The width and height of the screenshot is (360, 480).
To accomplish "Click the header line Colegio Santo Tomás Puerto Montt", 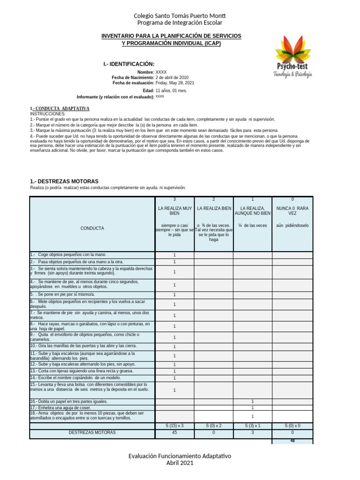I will pos(180,16).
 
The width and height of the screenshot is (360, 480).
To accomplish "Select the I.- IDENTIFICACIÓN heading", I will pos(128,64).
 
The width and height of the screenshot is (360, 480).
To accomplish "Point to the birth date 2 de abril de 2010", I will pos(172,77).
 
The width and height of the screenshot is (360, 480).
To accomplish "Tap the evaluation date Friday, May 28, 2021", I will pos(175,83).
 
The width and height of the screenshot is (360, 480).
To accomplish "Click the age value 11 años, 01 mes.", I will pos(171,90).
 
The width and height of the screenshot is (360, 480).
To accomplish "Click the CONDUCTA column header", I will pos(92,228).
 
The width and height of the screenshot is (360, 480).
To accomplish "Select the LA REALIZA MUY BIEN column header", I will pos(174,210).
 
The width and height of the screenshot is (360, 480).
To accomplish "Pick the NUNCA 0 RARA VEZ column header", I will pos(292,210).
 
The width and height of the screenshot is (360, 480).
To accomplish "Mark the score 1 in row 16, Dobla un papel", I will pos(253,401).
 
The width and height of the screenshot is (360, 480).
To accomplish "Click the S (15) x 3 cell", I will pos(174,426).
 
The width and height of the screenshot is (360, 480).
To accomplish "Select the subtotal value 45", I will pos(174,433).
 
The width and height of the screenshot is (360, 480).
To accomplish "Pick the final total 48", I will pos(292,441).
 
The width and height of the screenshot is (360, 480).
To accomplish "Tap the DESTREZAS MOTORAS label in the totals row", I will pos(92,433).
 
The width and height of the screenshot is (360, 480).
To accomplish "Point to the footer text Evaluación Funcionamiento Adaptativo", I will pos(180,456).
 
